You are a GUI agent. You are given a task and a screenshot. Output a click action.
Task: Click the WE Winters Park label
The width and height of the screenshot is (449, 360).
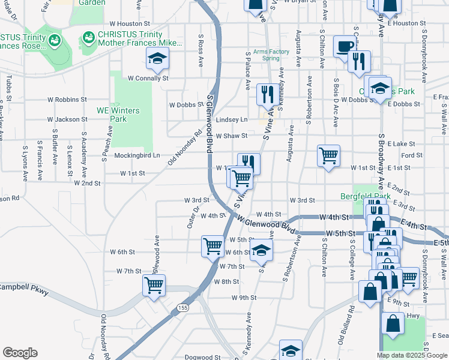coord(118,115)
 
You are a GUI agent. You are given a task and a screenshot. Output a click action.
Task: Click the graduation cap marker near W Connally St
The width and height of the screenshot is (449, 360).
coord(157,59)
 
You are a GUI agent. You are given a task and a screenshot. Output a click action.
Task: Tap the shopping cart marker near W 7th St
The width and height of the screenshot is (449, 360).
coord(212,247)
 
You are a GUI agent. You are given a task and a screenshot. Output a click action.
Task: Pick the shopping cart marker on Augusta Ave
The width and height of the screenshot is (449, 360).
coord(328,156)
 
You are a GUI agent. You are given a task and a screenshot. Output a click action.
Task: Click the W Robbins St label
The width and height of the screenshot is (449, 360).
coord(67,99)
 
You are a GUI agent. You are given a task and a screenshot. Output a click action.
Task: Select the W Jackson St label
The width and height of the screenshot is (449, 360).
coord(67,119)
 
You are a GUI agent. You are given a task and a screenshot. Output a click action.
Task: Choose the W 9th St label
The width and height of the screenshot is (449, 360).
coord(244,297)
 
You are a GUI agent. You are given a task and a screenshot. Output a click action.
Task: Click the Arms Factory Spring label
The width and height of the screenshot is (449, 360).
coord(271,55)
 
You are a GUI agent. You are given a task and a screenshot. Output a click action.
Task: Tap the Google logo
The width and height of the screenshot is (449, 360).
coord(20,353)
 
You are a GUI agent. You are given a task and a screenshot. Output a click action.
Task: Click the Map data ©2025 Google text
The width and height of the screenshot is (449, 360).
coord(411,355)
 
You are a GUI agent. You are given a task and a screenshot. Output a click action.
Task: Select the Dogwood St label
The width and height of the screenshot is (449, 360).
coord(199,357)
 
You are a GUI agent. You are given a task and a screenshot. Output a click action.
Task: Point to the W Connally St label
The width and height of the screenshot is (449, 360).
coord(148,78)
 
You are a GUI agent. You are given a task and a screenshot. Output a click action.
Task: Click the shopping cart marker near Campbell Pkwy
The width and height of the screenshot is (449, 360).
coord(154,286)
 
